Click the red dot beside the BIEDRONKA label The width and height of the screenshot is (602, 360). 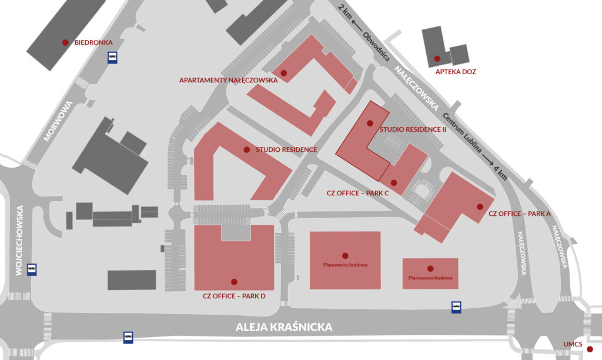tap(65, 42)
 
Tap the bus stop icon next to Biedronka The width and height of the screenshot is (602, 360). tap(112, 57)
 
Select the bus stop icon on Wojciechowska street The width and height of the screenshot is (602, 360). tap(32, 269)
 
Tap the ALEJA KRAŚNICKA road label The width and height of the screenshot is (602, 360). tap(285, 327)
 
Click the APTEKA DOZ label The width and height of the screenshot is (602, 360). tap(456, 72)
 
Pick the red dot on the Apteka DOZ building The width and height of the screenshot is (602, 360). tap(437, 58)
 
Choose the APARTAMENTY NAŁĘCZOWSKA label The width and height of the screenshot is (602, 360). tap(228, 80)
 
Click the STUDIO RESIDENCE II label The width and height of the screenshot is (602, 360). tap(413, 129)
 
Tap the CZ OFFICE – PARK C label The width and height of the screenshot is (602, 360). tap(358, 192)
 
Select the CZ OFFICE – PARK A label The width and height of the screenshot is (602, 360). tap(519, 214)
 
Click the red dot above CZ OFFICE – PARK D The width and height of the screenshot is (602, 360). tap(234, 282)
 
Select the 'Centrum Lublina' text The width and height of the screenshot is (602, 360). tap(464, 133)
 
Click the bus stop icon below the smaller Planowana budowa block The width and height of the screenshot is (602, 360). tap(456, 307)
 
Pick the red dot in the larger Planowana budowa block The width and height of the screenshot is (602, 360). tap(345, 255)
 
